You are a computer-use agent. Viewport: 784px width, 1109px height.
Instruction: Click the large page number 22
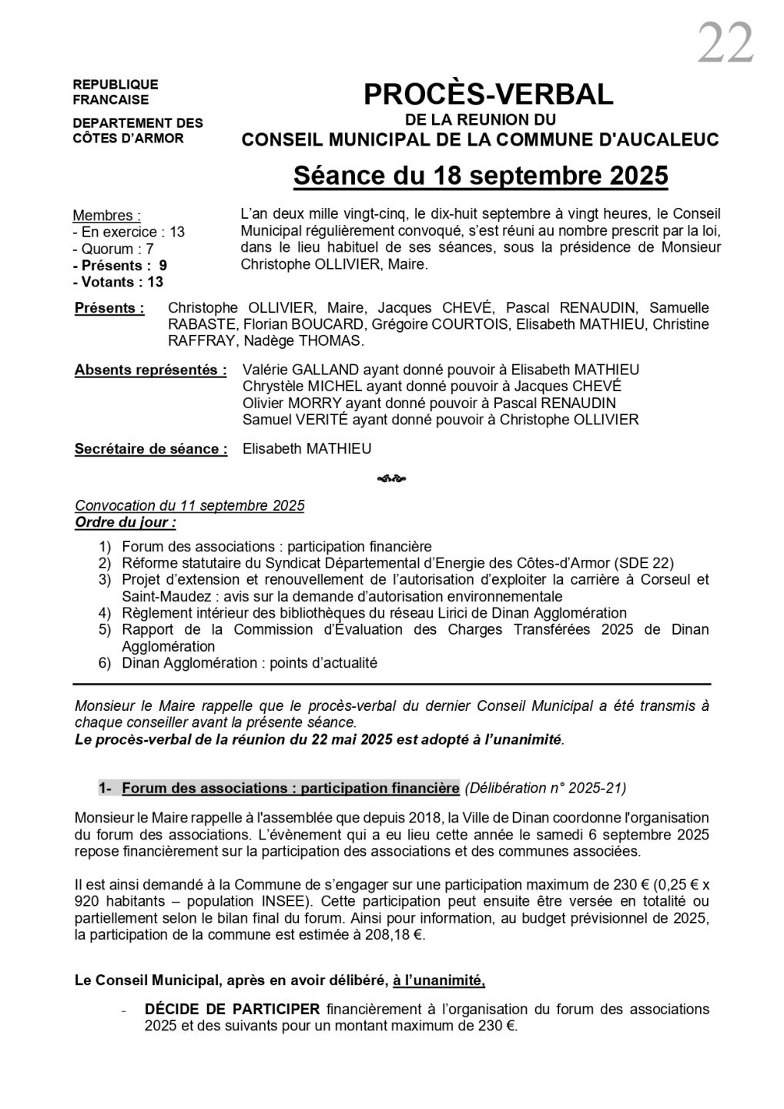(x=725, y=44)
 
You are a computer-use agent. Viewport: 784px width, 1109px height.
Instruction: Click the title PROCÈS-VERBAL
(x=488, y=94)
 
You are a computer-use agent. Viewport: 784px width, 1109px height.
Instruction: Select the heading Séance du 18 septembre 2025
(x=481, y=176)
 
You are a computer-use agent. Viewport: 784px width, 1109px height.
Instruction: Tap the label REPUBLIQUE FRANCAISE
(x=116, y=92)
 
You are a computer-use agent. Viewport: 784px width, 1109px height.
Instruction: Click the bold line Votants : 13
(x=120, y=282)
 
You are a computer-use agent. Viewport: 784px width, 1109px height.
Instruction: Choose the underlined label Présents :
(x=109, y=308)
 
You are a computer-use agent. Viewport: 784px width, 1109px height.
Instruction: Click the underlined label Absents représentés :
(x=151, y=370)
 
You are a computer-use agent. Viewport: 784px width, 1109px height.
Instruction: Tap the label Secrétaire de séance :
(x=151, y=449)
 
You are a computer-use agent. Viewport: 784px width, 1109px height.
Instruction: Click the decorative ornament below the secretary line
(x=391, y=478)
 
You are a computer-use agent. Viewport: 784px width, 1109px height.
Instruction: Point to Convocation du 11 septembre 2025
(x=189, y=505)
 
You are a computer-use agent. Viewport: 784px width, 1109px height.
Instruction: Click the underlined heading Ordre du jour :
(x=126, y=522)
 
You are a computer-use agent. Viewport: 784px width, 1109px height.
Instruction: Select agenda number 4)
(x=105, y=613)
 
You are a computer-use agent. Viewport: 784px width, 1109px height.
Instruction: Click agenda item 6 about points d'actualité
(x=250, y=663)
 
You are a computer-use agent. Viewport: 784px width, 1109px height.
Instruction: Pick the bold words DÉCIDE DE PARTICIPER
(x=232, y=1009)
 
